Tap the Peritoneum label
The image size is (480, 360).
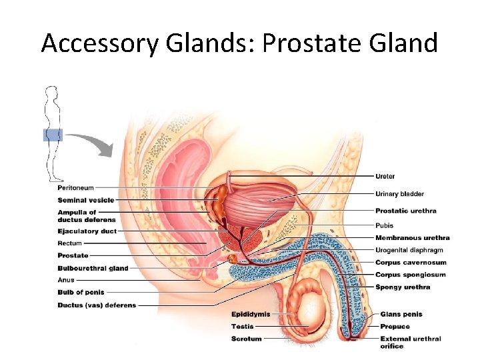pos(75,188)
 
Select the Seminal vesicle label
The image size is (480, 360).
pos(85,200)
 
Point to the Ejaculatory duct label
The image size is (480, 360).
pos(87,231)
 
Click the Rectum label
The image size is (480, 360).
pos(70,243)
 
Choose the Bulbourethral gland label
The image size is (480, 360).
pos(93,268)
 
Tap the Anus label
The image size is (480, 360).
pos(66,280)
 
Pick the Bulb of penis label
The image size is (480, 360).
pos(81,292)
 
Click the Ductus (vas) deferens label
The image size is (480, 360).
pos(97,305)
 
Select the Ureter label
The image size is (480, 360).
pos(385,176)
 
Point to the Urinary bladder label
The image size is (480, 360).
pos(399,194)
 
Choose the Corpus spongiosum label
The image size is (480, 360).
pos(411,275)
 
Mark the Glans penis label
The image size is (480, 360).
pos(401,314)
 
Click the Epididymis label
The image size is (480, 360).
pos(251,314)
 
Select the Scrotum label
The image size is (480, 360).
pos(247,339)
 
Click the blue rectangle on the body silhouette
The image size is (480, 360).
pos(53,135)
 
